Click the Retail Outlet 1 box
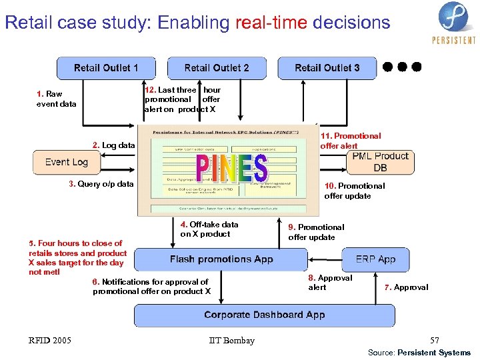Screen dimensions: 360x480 coord(106,68)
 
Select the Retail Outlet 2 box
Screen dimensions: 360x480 coord(217,68)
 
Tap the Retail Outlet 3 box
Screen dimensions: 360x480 coord(327,68)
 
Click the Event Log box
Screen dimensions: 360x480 coord(67,162)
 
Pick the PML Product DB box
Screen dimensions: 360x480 coord(380,162)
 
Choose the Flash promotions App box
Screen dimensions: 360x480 coord(221,259)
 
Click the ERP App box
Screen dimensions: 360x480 coord(375,259)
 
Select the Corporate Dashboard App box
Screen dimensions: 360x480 coord(264,315)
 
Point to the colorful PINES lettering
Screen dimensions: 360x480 coord(231,169)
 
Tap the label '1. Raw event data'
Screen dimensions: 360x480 coord(56,99)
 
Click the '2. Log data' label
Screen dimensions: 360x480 coord(113,145)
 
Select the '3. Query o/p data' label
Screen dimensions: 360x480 coord(101,184)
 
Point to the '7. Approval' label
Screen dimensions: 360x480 coord(406,287)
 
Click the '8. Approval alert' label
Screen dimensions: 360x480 coord(329,282)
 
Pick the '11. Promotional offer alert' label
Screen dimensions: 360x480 coord(350,141)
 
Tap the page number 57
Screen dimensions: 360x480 coord(435,341)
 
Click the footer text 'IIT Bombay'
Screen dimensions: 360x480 coord(231,341)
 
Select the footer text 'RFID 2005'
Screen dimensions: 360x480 coord(50,341)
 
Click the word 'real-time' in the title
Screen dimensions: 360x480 coord(271,23)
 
